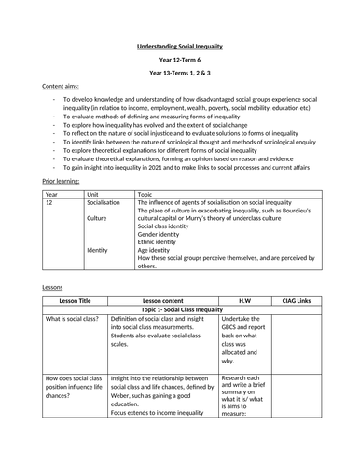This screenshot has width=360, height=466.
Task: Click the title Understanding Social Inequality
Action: click(179, 43)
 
